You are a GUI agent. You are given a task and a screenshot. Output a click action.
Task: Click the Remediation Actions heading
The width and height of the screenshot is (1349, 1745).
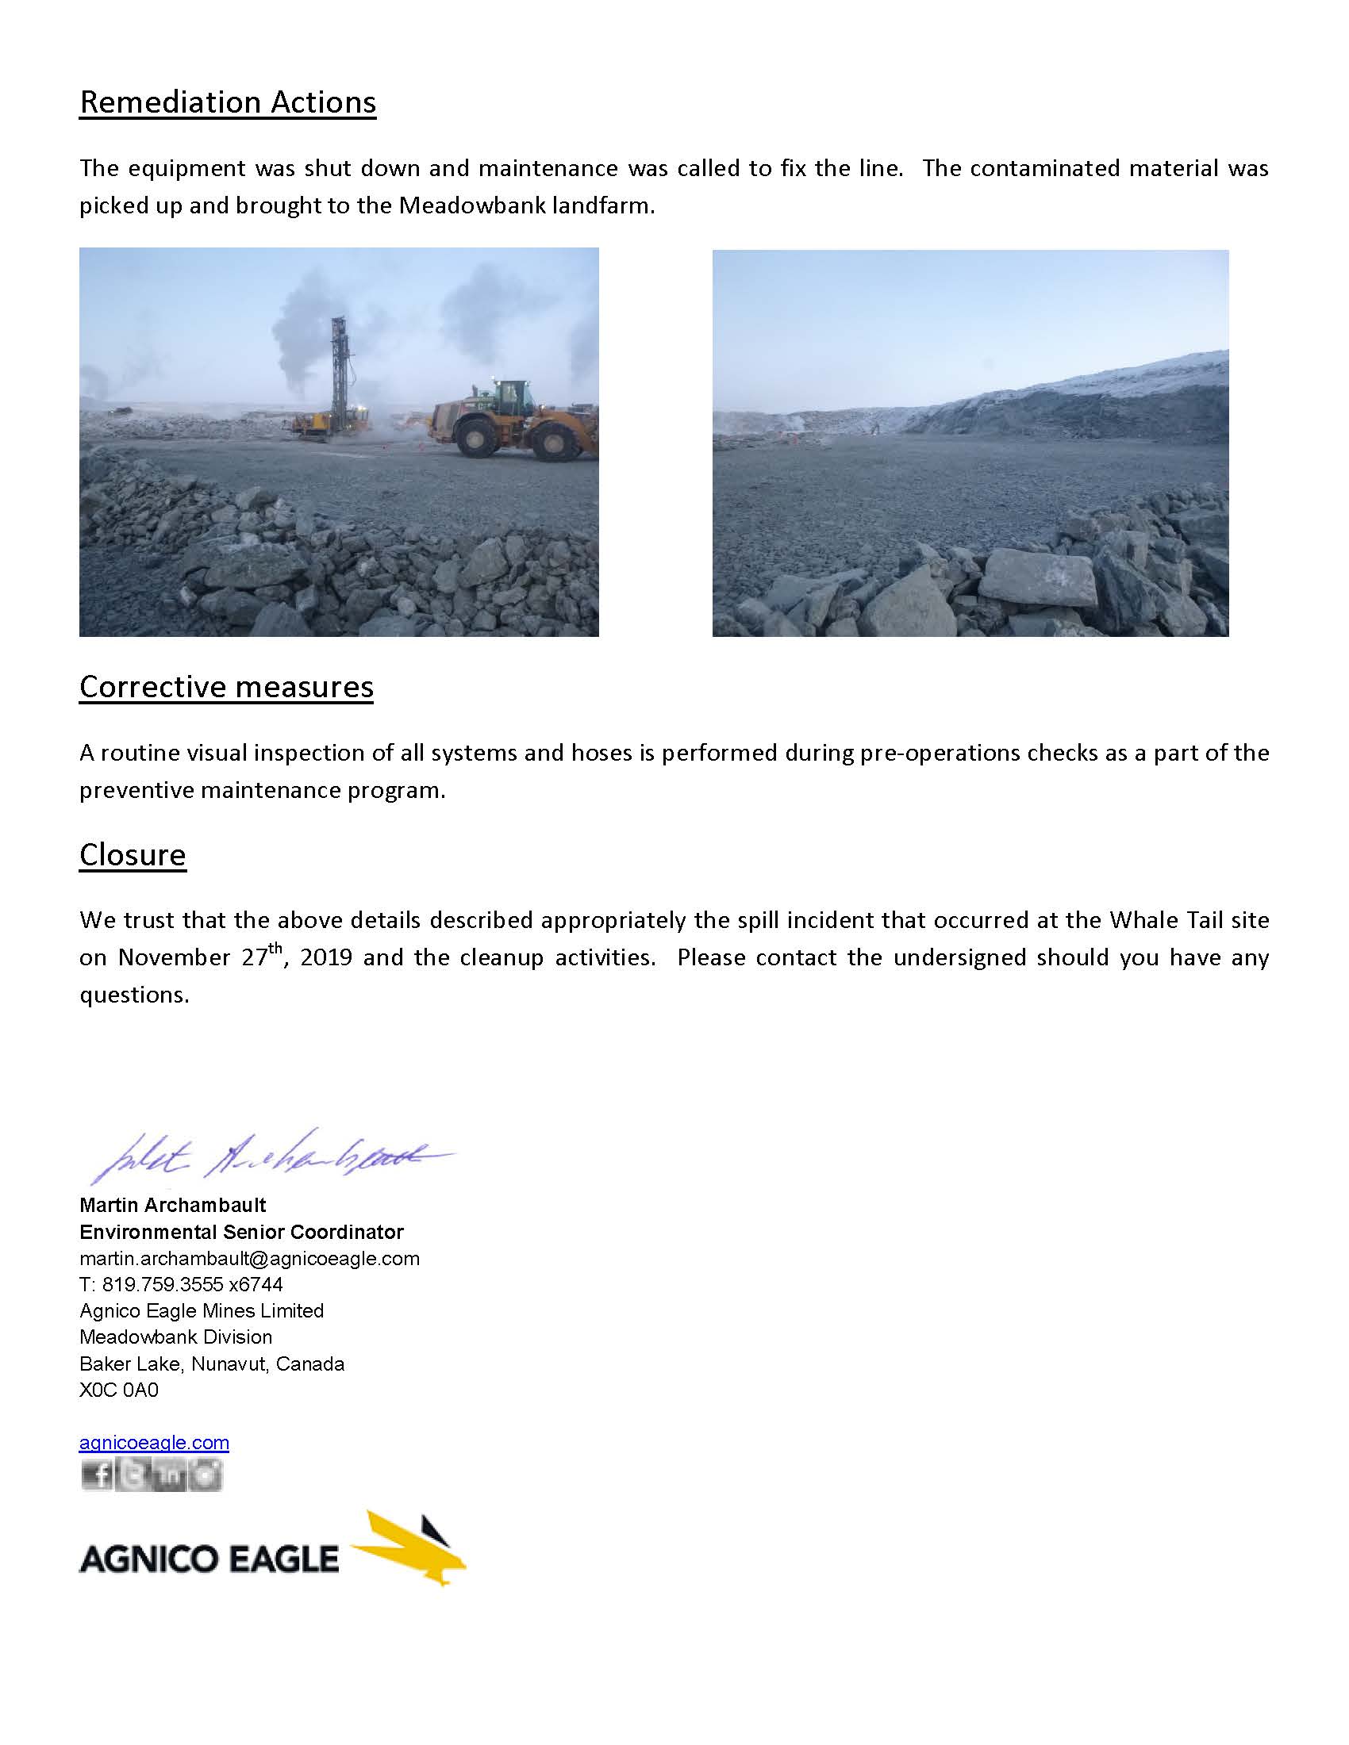coord(228,103)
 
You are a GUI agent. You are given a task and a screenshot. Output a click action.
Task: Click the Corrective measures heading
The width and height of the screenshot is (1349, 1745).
coord(226,687)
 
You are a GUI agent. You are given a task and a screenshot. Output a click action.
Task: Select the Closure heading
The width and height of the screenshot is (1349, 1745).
coord(133,855)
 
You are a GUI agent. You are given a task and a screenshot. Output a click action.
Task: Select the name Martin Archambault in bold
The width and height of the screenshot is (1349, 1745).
coord(173,1205)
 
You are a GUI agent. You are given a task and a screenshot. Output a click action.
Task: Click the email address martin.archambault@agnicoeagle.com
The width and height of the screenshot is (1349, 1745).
coord(249,1259)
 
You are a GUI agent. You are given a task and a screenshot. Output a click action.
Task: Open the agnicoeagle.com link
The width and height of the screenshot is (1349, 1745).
coord(154,1442)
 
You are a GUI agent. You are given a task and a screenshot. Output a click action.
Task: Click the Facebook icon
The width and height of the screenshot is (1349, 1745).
coord(97,1475)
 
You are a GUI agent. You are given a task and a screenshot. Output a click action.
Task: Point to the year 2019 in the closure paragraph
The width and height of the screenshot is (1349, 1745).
coord(326,957)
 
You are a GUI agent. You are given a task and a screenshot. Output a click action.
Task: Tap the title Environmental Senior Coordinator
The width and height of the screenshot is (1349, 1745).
coord(241,1232)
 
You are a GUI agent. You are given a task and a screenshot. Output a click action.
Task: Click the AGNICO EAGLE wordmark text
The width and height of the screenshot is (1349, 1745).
coord(209,1559)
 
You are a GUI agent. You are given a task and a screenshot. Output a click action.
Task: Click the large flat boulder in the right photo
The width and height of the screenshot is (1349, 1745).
coord(1037,577)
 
